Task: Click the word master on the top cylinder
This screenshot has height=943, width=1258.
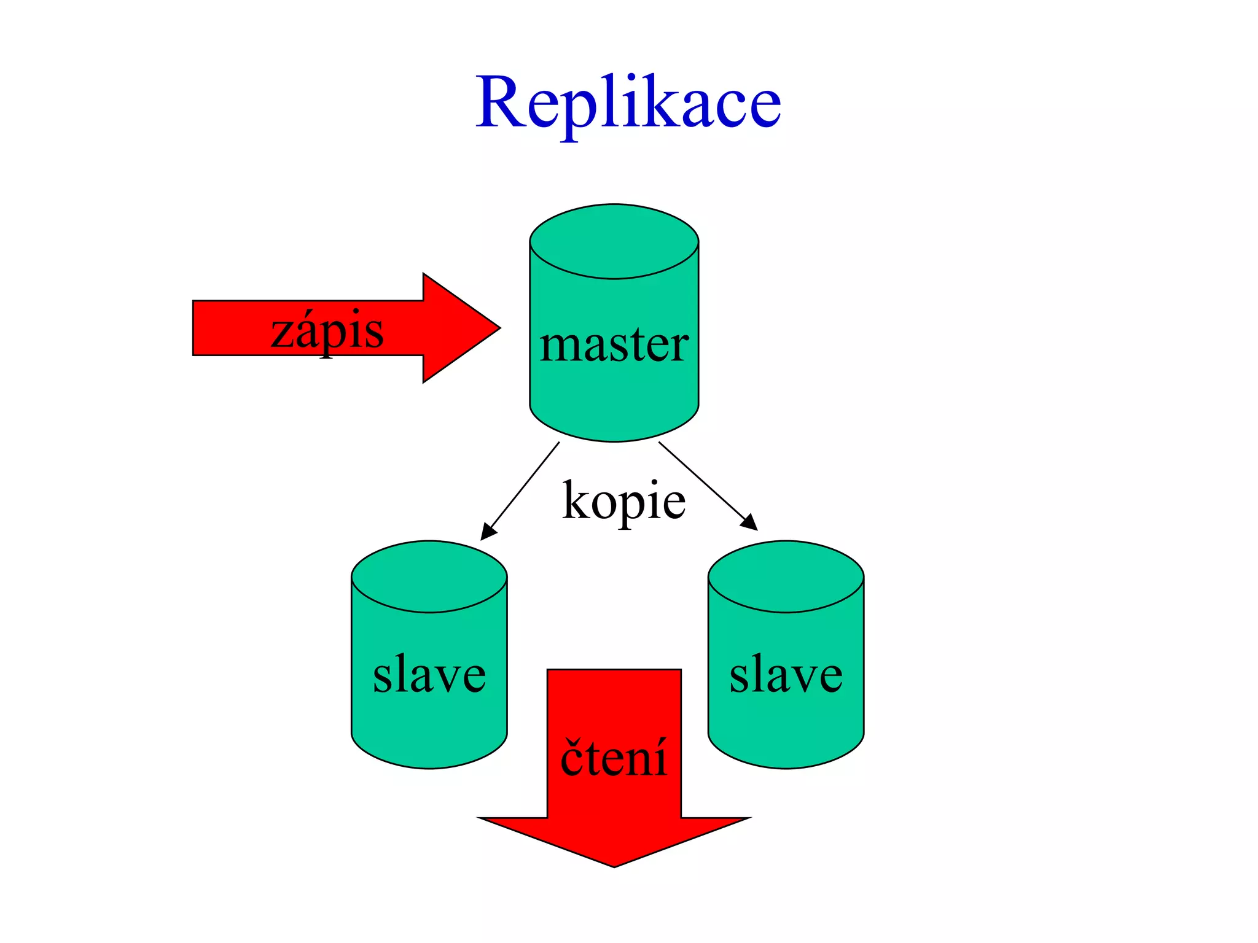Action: coord(614,344)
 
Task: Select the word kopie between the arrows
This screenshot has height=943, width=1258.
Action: coord(623,500)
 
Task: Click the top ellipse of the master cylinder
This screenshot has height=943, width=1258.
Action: coord(614,241)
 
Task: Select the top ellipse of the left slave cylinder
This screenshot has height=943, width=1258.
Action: coord(429,576)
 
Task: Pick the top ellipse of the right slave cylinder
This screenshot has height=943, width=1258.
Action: coord(786,576)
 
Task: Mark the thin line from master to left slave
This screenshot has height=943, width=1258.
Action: coord(525,485)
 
